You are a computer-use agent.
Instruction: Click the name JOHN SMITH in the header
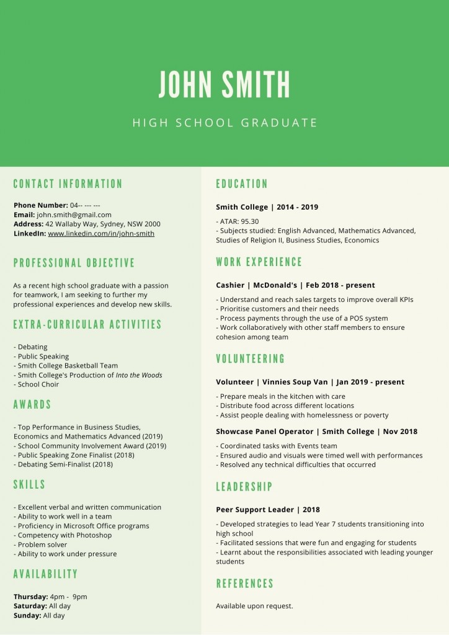[x=225, y=85]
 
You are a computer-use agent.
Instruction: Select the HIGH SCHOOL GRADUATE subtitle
[x=225, y=123]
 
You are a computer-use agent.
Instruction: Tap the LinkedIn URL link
[x=101, y=234]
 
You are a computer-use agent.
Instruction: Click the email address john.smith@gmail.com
[x=74, y=215]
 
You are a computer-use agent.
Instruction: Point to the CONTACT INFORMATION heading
[x=68, y=184]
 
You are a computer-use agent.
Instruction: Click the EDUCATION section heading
[x=242, y=184]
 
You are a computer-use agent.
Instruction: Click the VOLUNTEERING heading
[x=251, y=359]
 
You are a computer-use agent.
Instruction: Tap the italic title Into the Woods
[x=139, y=375]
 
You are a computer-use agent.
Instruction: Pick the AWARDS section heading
[x=32, y=405]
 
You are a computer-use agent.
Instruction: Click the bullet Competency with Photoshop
[x=64, y=535]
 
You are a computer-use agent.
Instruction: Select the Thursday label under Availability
[x=30, y=597]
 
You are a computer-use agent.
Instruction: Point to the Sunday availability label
[x=27, y=616]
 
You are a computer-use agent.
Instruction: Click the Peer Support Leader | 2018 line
[x=268, y=510]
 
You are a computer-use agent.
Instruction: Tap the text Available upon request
[x=254, y=606]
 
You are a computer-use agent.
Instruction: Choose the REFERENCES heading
[x=244, y=584]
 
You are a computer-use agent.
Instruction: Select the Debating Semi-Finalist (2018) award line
[x=63, y=464]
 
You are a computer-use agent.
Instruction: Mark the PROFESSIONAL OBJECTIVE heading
[x=74, y=263]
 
